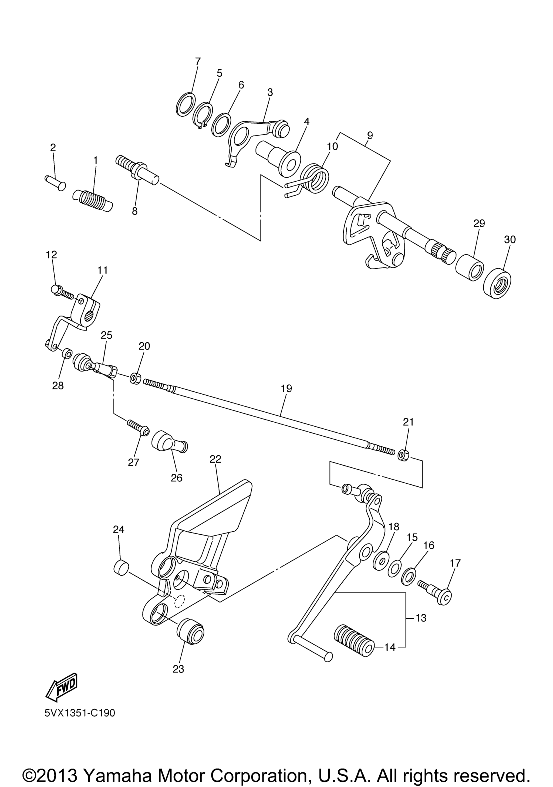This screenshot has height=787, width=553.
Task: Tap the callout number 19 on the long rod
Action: pyautogui.click(x=286, y=388)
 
